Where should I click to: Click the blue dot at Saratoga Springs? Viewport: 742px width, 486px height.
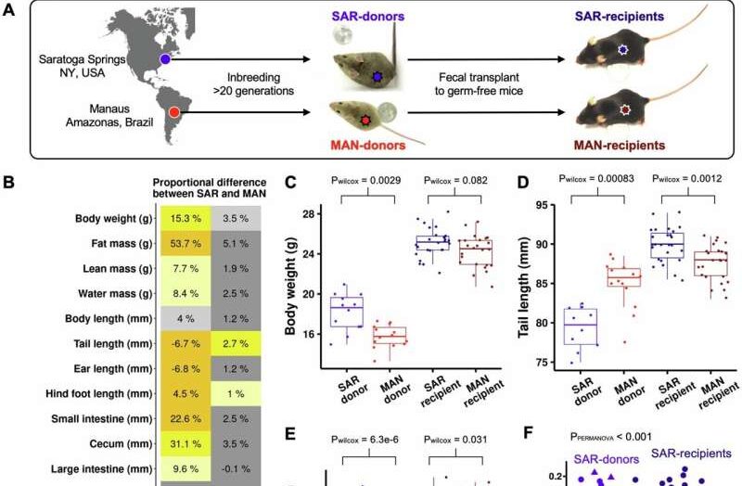pyautogui.click(x=164, y=58)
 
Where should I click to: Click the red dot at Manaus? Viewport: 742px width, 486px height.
pyautogui.click(x=173, y=112)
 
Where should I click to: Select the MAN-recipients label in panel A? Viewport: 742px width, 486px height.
pyautogui.click(x=620, y=146)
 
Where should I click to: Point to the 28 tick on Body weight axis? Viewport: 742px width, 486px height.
pyautogui.click(x=311, y=213)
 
